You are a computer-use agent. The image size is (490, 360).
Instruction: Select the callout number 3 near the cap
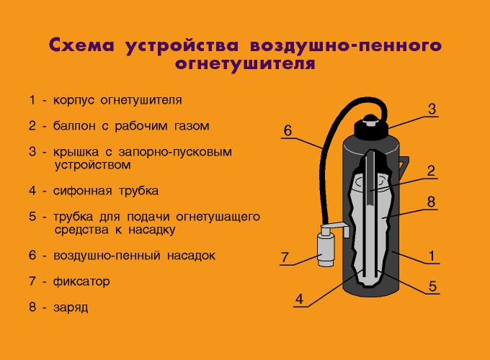pyautogui.click(x=432, y=109)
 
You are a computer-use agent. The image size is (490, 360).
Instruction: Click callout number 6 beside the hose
pyautogui.click(x=287, y=130)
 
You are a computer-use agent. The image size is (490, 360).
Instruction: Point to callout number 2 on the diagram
pyautogui.click(x=430, y=171)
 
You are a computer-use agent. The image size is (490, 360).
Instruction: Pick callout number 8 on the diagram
pyautogui.click(x=431, y=202)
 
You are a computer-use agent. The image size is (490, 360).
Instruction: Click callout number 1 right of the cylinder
pyautogui.click(x=431, y=255)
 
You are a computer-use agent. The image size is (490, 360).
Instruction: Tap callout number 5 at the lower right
pyautogui.click(x=432, y=286)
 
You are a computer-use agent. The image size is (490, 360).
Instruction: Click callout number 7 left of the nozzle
pyautogui.click(x=285, y=256)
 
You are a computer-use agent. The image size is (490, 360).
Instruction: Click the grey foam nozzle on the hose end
pyautogui.click(x=329, y=248)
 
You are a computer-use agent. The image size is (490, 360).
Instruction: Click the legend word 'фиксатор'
pyautogui.click(x=81, y=282)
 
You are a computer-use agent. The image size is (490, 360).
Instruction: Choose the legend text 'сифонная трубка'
pyautogui.click(x=105, y=192)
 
